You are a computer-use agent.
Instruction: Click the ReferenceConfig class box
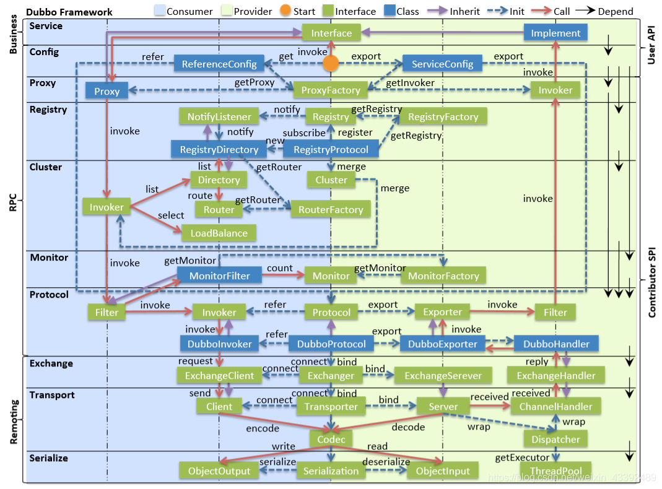tap(219, 63)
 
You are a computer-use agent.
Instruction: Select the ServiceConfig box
tap(442, 63)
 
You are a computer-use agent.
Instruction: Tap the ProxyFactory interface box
tap(330, 90)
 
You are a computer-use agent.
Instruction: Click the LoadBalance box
tap(219, 233)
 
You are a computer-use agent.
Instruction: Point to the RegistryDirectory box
tap(219, 149)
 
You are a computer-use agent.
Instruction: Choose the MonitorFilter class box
tap(219, 275)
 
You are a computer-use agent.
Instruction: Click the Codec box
tap(331, 438)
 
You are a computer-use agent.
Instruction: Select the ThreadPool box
tap(555, 470)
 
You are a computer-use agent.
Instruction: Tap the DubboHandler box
tap(555, 344)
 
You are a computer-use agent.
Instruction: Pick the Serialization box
tap(331, 470)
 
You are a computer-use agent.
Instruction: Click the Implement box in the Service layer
tap(555, 33)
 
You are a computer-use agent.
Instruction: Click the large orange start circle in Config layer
tap(331, 63)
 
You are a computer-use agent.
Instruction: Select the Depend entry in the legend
tap(615, 11)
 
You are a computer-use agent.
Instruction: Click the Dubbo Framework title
tap(69, 12)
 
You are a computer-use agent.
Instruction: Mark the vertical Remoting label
tap(14, 422)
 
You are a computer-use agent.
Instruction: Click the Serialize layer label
tap(49, 458)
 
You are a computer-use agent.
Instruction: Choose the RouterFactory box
tap(331, 210)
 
